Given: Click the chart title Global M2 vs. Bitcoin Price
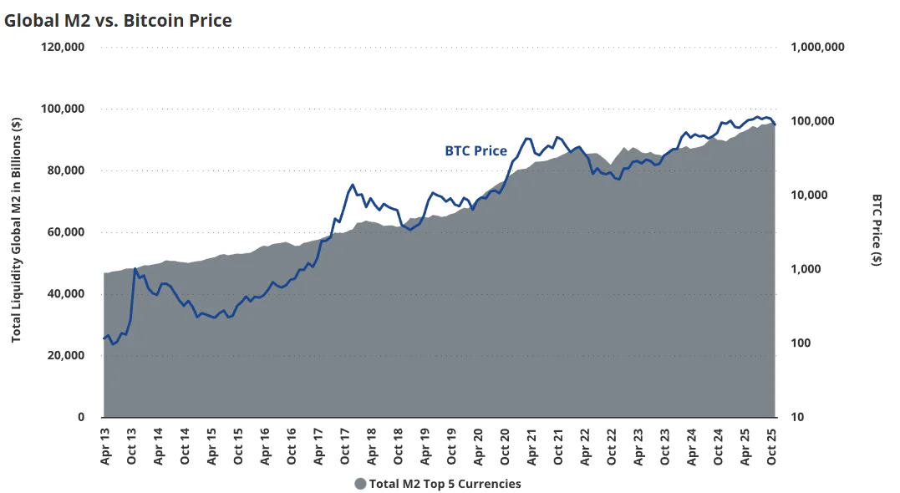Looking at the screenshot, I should click(118, 20).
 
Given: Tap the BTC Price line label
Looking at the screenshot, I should click(475, 151).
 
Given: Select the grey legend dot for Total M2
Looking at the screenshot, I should click(360, 484).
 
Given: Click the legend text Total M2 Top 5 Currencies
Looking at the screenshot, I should click(445, 484).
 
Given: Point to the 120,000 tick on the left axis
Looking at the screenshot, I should click(63, 47).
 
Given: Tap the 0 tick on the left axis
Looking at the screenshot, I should click(81, 417).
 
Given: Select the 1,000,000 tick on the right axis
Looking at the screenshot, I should click(817, 47).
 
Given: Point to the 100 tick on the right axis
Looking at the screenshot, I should click(801, 343).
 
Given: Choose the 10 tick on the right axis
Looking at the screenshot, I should click(797, 417).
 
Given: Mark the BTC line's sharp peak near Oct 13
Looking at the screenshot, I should click(135, 269).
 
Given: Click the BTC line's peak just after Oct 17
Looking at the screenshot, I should click(353, 185).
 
